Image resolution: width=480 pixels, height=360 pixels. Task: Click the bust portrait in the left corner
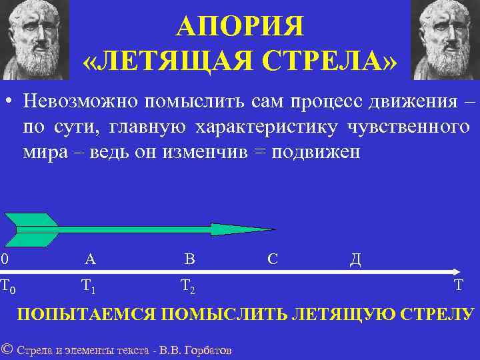point(35,38)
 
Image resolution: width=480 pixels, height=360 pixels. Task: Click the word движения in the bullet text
point(413,101)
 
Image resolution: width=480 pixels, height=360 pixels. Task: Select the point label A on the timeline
point(90,259)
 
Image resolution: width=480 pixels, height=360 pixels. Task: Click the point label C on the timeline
point(272,259)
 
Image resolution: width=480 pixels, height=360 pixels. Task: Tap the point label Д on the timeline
point(355,259)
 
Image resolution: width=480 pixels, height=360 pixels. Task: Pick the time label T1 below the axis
point(89,287)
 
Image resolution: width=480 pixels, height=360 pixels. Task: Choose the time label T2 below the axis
point(188,287)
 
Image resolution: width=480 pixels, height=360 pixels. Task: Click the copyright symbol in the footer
point(7,349)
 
